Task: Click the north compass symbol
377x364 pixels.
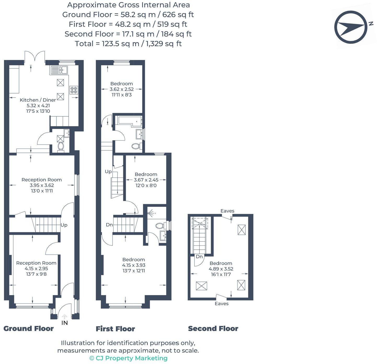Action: [x=351, y=27]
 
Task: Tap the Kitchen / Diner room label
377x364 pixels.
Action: [x=38, y=100]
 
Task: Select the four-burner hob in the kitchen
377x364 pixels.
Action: [x=74, y=90]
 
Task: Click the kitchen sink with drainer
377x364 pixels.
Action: [x=59, y=70]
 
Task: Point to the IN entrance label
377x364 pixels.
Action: [x=64, y=323]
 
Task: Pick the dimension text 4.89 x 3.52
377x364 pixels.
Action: [x=221, y=269]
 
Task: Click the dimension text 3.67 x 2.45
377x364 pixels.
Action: [x=146, y=180]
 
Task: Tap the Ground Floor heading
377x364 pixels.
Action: [x=28, y=328]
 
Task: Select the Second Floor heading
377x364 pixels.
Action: [x=213, y=328]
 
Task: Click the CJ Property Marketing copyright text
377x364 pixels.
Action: [x=128, y=358]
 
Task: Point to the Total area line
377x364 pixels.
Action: [x=128, y=44]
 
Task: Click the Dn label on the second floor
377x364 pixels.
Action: [x=199, y=257]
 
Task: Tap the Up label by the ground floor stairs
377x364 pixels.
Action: [x=64, y=225]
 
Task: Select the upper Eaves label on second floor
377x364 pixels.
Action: [x=227, y=211]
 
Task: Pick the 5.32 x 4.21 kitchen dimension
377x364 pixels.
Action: [x=38, y=105]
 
